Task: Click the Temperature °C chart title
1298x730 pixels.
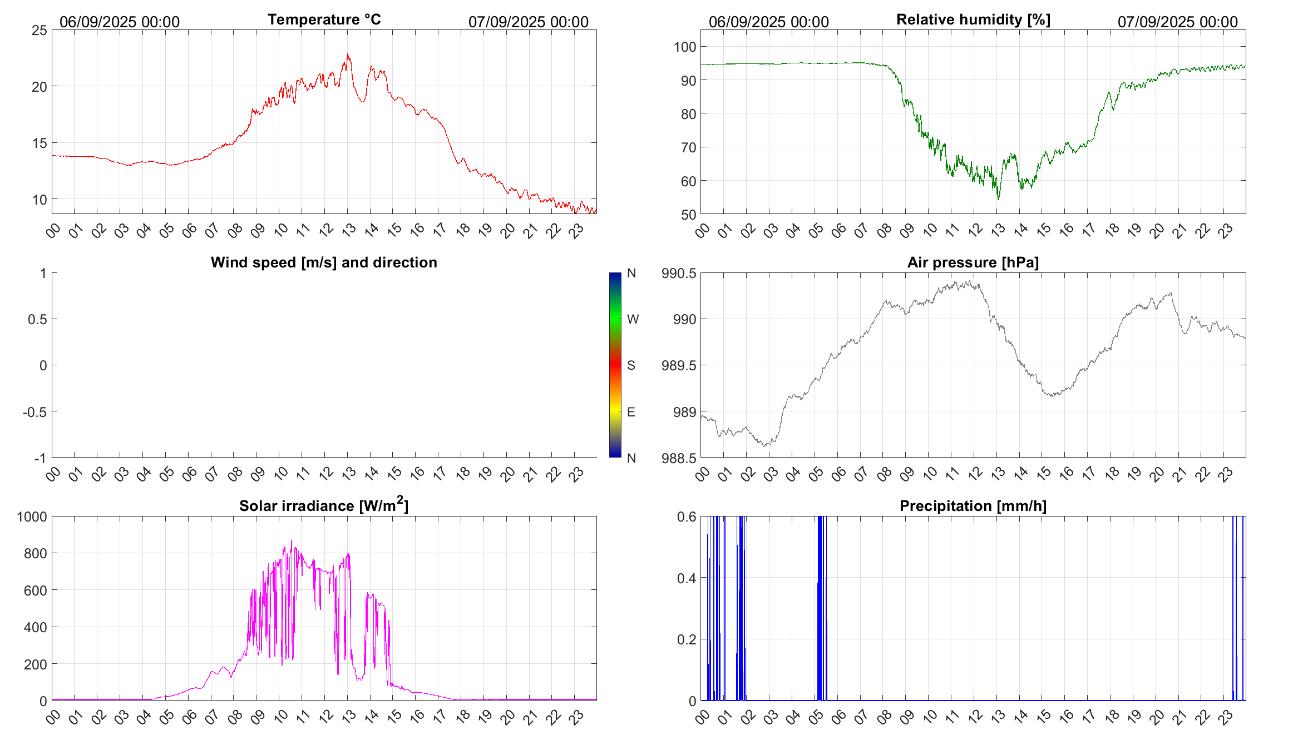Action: [x=324, y=19]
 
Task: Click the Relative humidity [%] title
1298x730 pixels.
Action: [x=973, y=19]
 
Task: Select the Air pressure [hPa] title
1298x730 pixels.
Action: [x=973, y=262]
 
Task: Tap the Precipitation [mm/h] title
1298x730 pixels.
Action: [x=973, y=506]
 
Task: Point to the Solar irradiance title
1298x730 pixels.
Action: [x=324, y=505]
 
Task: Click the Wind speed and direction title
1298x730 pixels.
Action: [x=324, y=262]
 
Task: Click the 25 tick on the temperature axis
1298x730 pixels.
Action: [x=40, y=31]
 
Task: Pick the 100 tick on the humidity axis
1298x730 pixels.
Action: [x=685, y=47]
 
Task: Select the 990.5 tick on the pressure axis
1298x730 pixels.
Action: [x=679, y=274]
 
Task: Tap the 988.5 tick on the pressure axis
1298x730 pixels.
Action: [x=679, y=459]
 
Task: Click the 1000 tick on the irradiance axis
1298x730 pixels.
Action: [x=32, y=517]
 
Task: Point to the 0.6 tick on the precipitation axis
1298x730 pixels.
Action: [x=686, y=517]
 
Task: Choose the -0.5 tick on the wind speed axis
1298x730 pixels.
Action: [x=34, y=412]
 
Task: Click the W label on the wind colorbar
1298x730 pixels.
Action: [x=633, y=319]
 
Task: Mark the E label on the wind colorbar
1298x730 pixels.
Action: [x=631, y=412]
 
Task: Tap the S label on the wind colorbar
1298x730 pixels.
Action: [x=631, y=365]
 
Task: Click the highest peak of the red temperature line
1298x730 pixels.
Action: [x=348, y=54]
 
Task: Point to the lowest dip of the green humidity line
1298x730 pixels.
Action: [x=998, y=198]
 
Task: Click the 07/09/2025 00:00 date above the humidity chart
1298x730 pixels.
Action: [x=1177, y=22]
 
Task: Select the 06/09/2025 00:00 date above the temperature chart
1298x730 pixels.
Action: [x=120, y=22]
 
